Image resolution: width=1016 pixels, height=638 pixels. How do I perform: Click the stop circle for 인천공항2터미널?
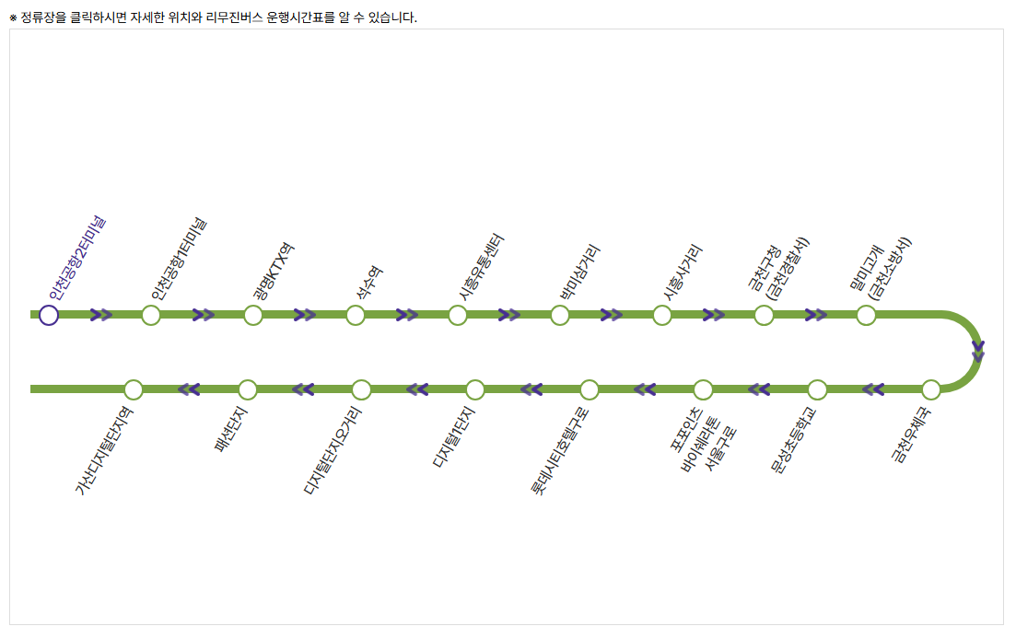coord(49,316)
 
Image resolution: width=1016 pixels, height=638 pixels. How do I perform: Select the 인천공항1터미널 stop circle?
coord(151,316)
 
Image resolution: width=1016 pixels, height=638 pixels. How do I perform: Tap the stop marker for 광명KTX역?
coord(253,316)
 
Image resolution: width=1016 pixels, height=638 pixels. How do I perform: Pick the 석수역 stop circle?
coord(356,316)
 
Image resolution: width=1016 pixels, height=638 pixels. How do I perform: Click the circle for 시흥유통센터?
coord(458,316)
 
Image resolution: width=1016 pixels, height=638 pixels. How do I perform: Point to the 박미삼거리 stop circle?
coord(560,316)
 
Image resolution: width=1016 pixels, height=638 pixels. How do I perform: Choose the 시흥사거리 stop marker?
coord(661,316)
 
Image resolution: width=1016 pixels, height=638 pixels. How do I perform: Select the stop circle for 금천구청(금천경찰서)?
coord(764,316)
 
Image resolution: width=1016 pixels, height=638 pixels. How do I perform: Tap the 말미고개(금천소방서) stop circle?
coord(866,316)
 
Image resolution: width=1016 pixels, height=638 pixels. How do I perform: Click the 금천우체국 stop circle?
coord(931,389)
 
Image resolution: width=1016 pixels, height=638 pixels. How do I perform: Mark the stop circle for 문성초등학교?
coord(817,389)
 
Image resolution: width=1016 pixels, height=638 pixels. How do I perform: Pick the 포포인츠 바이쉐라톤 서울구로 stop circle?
coord(703,389)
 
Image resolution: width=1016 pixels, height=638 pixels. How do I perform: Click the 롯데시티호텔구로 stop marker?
coord(590,389)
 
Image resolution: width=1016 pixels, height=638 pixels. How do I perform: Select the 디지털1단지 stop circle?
coord(475,389)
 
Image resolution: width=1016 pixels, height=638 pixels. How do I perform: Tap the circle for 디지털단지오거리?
coord(361,389)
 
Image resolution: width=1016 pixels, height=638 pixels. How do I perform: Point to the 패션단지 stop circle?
coord(247,389)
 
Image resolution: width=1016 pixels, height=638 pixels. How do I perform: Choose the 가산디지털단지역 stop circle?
coord(134,389)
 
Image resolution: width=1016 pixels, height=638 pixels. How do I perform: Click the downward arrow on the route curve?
coord(978,352)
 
